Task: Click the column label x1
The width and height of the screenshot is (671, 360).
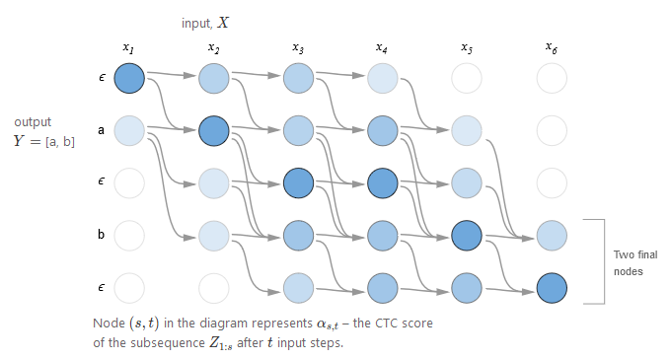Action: pos(128,47)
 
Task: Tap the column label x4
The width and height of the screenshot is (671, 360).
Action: pos(382,47)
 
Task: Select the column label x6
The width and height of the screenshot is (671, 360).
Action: pos(551,47)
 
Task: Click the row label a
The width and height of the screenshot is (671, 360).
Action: pos(102,129)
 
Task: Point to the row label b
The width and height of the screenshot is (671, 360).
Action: pos(102,236)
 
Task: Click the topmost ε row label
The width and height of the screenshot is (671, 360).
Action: pos(102,77)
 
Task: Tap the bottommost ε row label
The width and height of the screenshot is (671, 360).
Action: pos(102,289)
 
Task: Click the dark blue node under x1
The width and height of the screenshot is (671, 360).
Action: pos(129,77)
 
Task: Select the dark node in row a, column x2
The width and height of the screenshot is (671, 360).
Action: pos(214,129)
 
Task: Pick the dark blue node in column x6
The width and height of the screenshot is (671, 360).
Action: pos(552,288)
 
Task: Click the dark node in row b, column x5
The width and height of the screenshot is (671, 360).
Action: pos(467,236)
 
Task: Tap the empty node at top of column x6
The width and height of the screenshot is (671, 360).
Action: pos(552,77)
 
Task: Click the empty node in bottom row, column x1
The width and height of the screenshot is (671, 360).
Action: pos(129,288)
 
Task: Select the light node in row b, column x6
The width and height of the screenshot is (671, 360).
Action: pos(552,236)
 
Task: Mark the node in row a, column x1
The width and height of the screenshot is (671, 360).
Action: pos(129,129)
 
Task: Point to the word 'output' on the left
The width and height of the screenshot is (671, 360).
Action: pos(33,122)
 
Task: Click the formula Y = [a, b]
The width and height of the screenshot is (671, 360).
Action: pos(44,141)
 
